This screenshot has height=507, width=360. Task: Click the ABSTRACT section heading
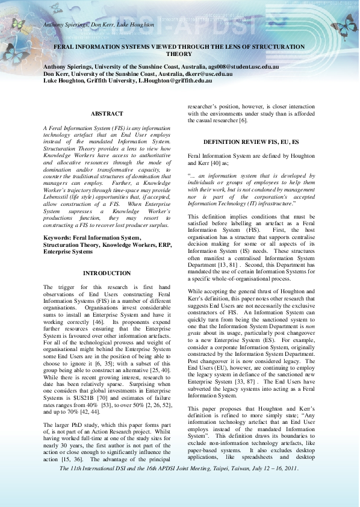107,113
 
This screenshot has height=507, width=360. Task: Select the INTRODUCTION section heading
107,273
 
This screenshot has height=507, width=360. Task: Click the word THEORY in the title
179,53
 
